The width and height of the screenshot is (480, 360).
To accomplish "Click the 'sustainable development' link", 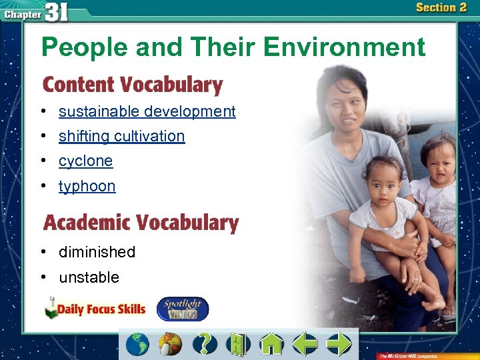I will click(147, 111).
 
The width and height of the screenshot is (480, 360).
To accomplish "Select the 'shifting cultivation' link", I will click(121, 136).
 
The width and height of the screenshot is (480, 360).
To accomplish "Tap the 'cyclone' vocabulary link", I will click(85, 161).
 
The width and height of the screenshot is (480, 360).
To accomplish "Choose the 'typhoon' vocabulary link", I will click(87, 186).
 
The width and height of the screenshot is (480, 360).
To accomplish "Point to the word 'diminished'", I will click(97, 252).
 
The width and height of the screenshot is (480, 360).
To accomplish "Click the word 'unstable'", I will click(89, 277).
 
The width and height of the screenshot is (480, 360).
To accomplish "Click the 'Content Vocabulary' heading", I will click(133, 85).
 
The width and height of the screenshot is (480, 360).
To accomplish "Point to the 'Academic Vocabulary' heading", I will click(141, 223).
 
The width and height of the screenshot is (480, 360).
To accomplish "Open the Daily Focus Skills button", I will click(95, 309).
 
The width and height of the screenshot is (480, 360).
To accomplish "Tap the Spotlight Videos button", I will click(182, 309).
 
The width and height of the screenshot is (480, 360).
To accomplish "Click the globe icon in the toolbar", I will click(138, 344).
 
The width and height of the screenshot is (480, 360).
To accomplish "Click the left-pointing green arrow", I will click(305, 344).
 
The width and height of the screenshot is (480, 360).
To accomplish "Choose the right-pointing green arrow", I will click(339, 344).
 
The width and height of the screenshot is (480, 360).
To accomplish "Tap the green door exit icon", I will click(237, 344).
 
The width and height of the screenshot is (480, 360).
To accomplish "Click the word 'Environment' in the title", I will click(344, 47).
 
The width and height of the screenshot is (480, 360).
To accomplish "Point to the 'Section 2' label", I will click(441, 8).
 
